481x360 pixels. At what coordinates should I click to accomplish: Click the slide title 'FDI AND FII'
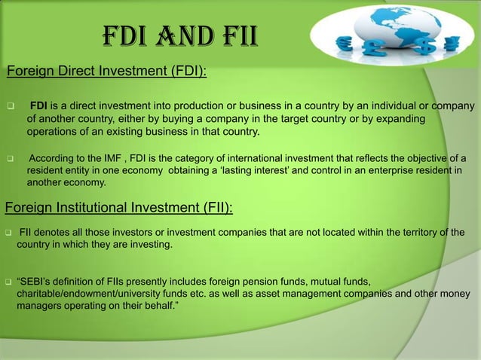click(x=179, y=35)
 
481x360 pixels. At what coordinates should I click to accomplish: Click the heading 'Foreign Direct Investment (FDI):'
click(x=106, y=72)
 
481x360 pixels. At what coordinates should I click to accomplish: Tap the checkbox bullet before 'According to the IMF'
click(x=11, y=158)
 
